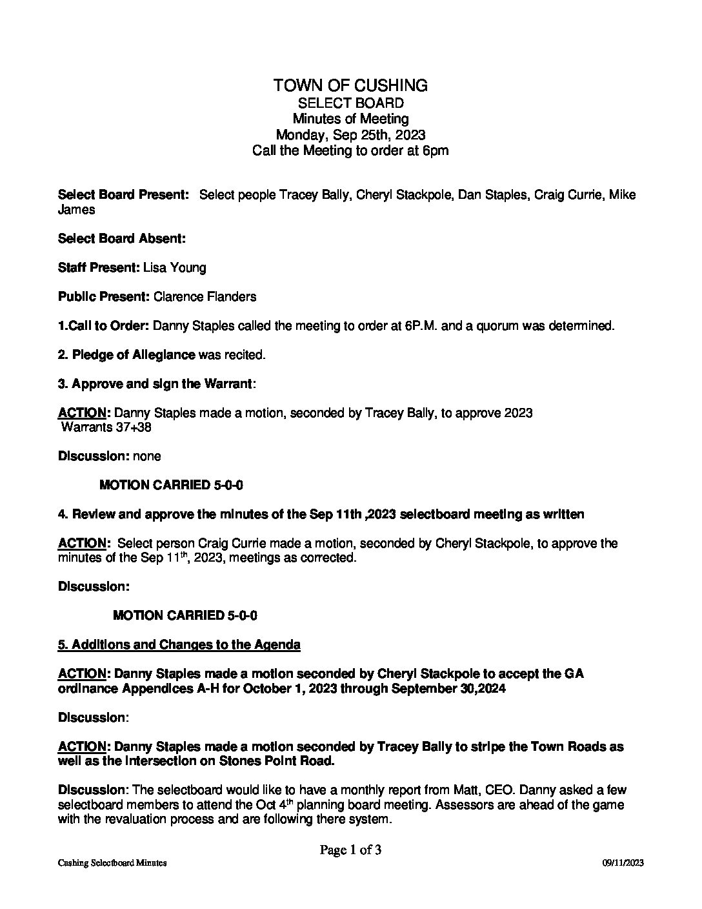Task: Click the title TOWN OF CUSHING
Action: pyautogui.click(x=350, y=85)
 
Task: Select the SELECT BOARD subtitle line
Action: pyautogui.click(x=350, y=103)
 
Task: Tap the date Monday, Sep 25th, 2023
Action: pyautogui.click(x=350, y=135)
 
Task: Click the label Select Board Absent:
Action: pyautogui.click(x=122, y=238)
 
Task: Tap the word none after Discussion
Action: pyautogui.click(x=146, y=456)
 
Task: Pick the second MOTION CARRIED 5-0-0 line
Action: pyautogui.click(x=185, y=615)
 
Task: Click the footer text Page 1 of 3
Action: pyautogui.click(x=350, y=850)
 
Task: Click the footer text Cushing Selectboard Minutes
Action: pyautogui.click(x=112, y=863)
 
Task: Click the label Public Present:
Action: pyautogui.click(x=104, y=297)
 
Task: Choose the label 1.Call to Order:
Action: pyautogui.click(x=103, y=326)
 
